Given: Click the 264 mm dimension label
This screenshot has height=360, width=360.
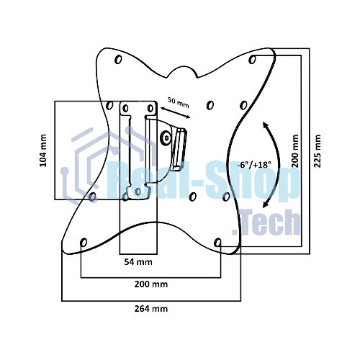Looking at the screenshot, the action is (x=151, y=309).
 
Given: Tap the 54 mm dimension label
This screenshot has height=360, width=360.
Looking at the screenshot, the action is (x=138, y=262).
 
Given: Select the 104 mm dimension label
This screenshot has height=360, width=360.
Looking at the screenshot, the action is (x=43, y=150).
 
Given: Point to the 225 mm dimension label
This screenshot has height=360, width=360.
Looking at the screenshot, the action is (x=318, y=151).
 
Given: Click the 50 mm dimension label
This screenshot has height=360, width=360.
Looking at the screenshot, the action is (x=179, y=103).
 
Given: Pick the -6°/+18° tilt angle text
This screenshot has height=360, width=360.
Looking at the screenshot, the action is (x=254, y=165).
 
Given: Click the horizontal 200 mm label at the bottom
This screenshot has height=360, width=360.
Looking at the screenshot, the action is (x=151, y=284).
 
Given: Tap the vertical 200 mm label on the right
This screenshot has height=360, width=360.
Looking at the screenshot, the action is (x=295, y=151).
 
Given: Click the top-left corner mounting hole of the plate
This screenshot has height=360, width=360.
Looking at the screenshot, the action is (x=118, y=59).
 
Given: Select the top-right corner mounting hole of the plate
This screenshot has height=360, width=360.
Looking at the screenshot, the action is (x=252, y=59).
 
